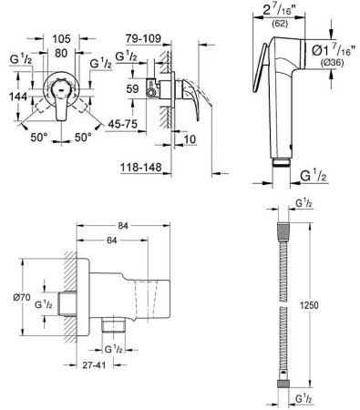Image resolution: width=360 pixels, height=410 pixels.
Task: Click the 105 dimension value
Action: [x=61, y=39]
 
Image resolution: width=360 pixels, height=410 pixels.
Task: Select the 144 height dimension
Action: [x=18, y=97]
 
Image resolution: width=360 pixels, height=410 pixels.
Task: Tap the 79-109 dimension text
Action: [x=143, y=38]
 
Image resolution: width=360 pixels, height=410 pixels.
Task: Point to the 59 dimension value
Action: [x=132, y=89]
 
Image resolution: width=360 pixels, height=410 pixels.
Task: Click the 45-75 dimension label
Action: [x=123, y=124]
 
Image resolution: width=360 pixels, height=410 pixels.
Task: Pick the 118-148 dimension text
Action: [x=141, y=168]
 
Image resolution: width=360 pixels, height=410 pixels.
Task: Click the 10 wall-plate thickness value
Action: [x=190, y=139]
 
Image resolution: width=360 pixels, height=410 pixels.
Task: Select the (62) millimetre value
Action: [x=280, y=24]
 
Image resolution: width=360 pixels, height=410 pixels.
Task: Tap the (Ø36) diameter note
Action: [x=333, y=63]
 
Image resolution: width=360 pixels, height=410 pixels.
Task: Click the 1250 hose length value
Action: [x=309, y=305]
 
